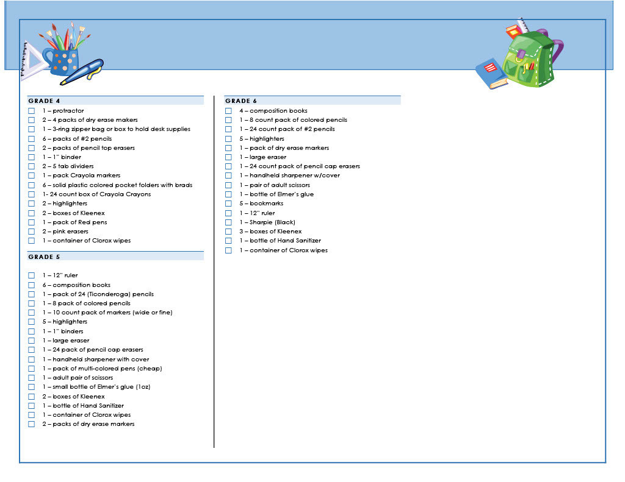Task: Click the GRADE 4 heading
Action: coord(44,101)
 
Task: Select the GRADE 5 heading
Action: coord(44,257)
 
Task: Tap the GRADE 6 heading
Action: coord(241,101)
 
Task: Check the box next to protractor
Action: coord(32,111)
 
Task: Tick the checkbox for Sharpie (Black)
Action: coord(228,222)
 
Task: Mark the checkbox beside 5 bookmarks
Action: coord(228,204)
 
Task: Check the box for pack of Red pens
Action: coord(32,222)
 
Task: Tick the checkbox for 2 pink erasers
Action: coord(32,232)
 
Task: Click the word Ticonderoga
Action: coord(109,294)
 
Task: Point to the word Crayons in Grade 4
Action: coord(139,194)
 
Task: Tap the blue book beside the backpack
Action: coord(491,74)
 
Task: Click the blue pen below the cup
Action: coord(82,72)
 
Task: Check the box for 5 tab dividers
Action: coord(32,166)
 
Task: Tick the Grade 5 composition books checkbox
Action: coord(32,285)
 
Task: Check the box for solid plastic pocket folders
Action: coord(32,185)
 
